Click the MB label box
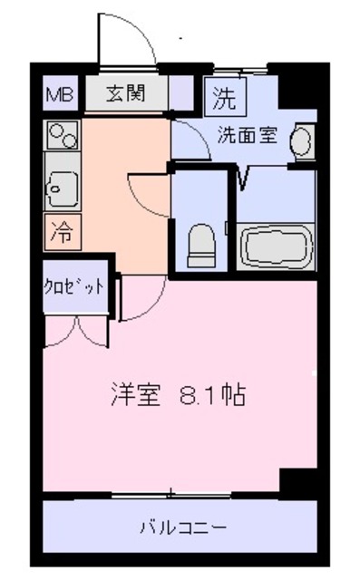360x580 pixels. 62,92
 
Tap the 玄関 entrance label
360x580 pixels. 126,92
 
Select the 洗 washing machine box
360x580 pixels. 222,94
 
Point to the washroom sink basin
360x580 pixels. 303,140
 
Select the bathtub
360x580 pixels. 277,244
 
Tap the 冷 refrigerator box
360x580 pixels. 62,233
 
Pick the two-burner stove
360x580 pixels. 61,138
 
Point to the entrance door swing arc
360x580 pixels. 127,36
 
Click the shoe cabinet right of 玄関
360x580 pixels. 181,92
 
